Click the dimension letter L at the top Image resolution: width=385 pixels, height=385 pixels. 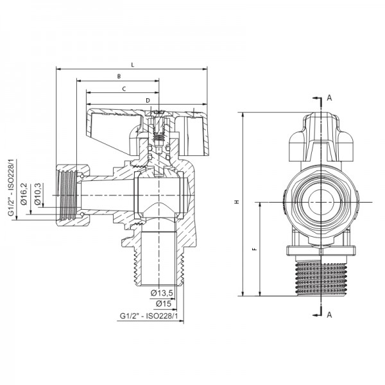[132, 64]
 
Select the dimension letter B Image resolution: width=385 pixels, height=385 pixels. [119, 76]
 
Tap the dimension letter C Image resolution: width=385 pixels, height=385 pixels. [123, 89]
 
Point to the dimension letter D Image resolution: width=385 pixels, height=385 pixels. [148, 100]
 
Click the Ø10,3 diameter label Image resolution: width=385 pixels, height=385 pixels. [37, 194]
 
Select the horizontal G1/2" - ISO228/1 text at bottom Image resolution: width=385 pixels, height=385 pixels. [147, 316]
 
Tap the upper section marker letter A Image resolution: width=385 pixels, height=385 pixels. [329, 98]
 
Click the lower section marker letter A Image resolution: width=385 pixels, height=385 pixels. [329, 314]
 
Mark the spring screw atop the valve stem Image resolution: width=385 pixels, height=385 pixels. [158, 132]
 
